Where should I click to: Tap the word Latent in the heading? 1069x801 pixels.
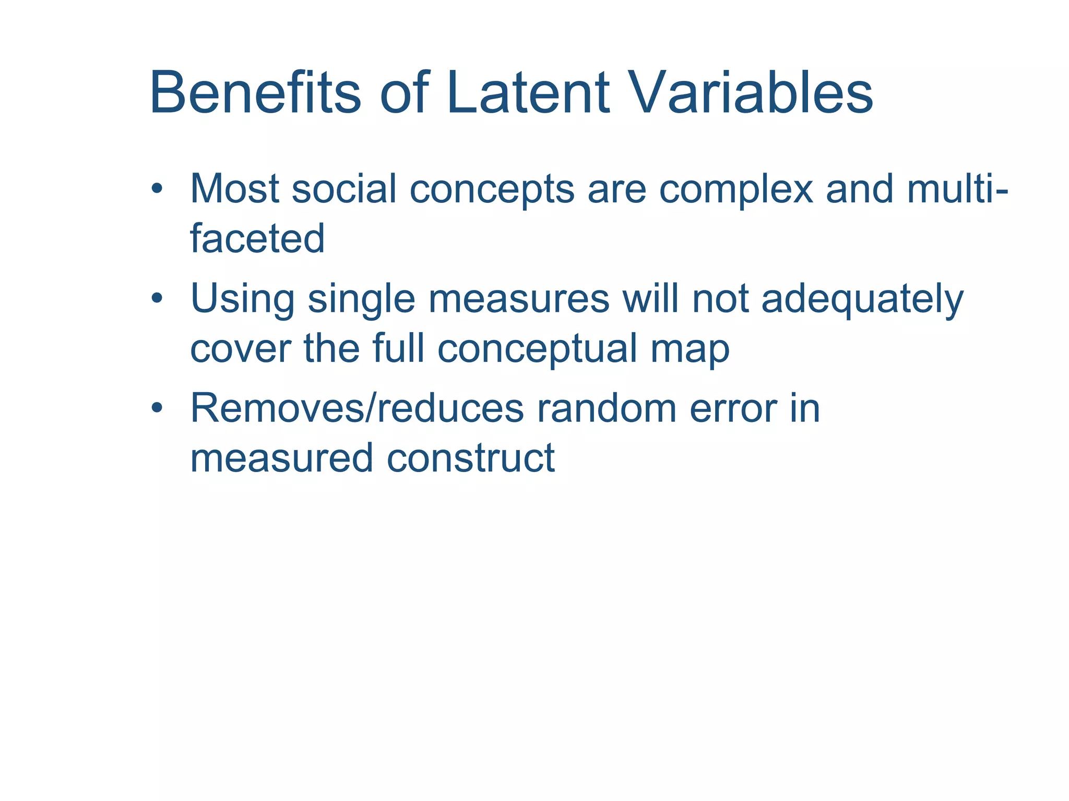527,94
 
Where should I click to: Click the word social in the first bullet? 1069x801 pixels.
344,189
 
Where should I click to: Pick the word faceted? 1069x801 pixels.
257,239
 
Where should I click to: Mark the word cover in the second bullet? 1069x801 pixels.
240,349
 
